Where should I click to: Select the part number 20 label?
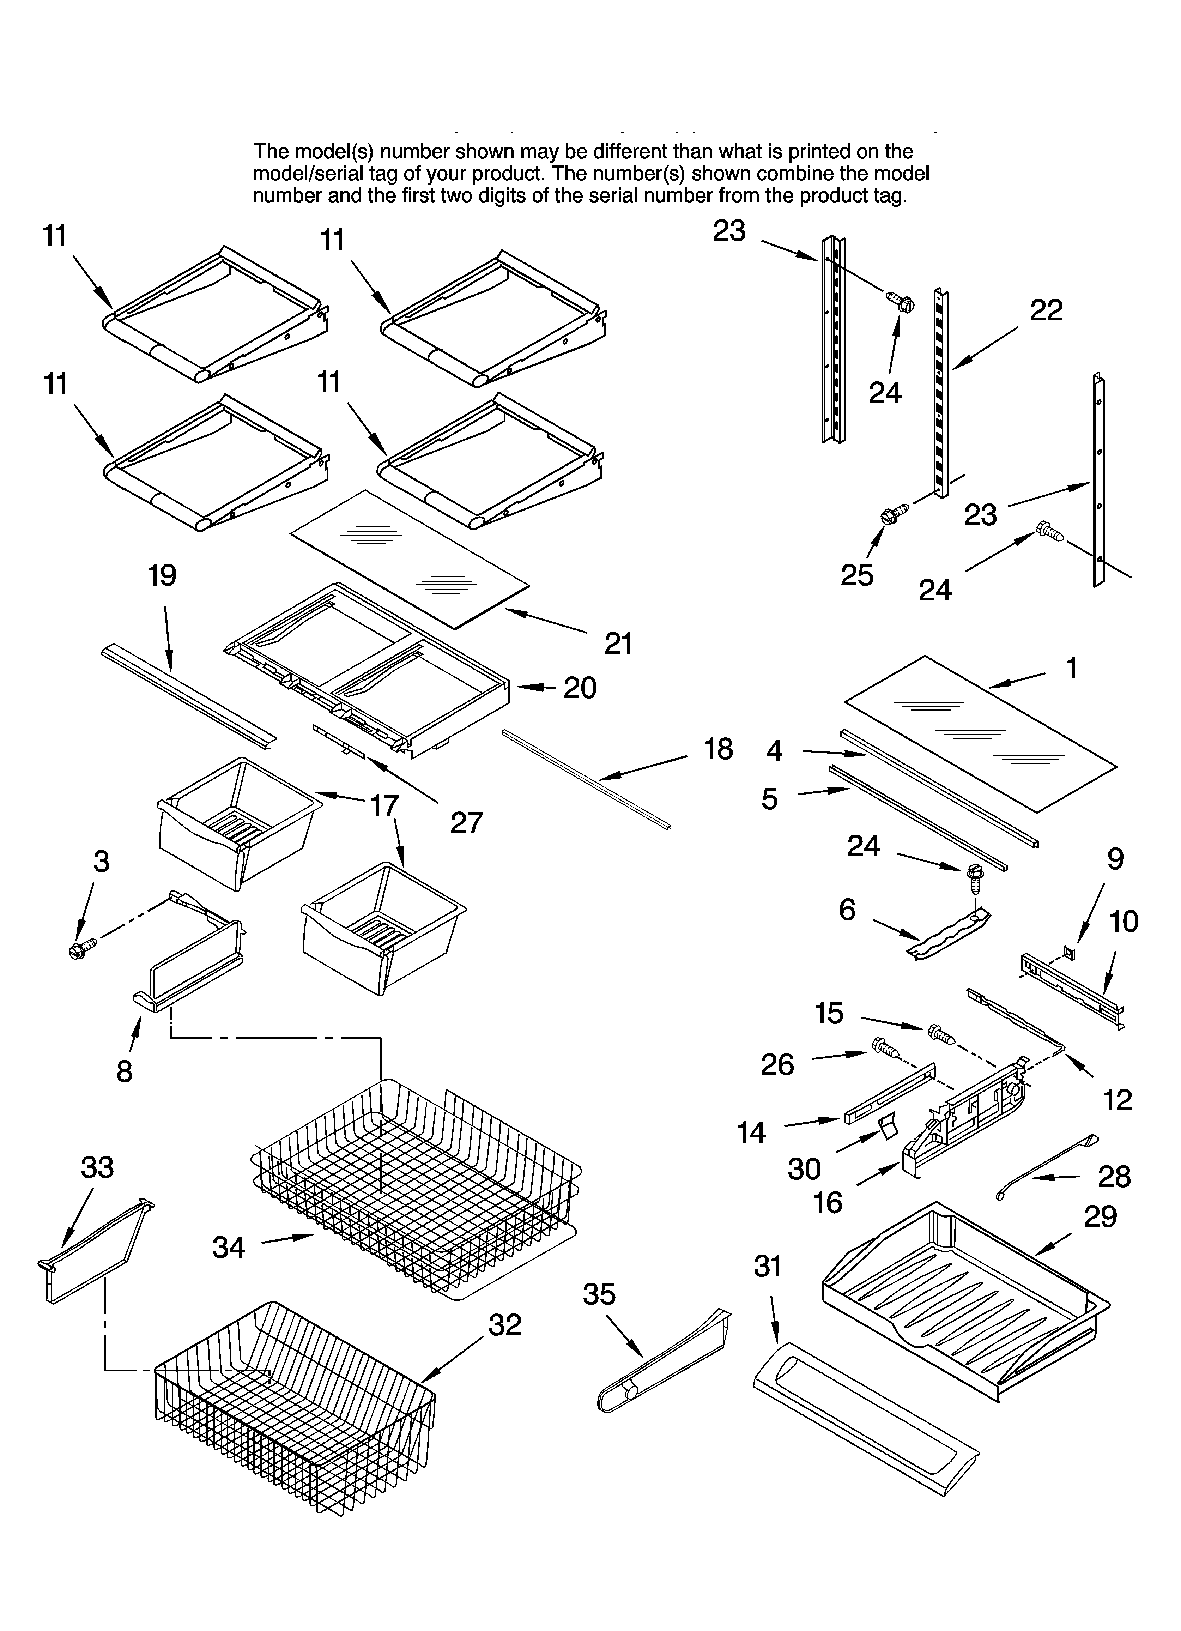click(x=580, y=688)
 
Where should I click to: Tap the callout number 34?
click(x=229, y=1246)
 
